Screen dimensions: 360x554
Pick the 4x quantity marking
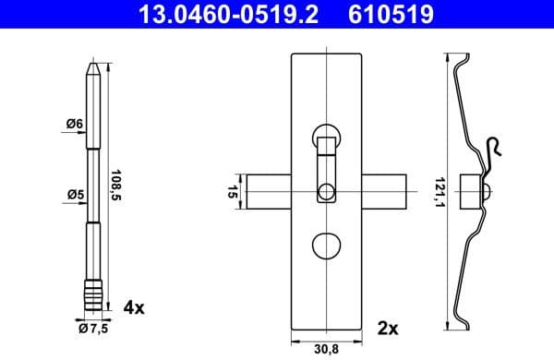coord(134,306)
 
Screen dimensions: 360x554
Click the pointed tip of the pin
coord(93,67)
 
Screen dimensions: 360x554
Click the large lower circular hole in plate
coord(326,246)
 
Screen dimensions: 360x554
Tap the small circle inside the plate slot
coord(326,193)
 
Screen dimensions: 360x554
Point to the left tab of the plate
coord(270,192)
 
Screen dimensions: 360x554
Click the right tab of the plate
coord(385,192)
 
